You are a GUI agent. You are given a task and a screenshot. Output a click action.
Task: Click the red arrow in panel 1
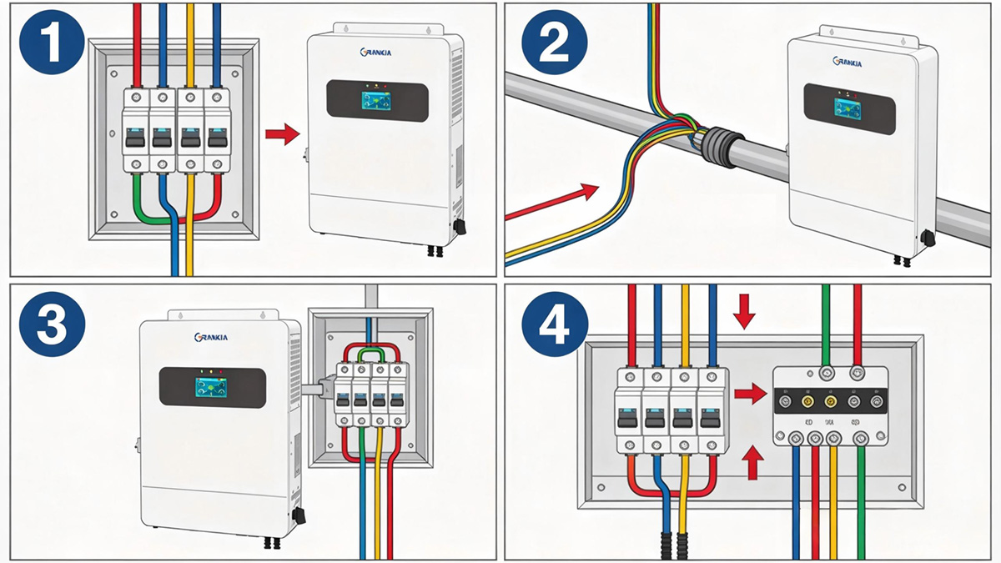click(281, 133)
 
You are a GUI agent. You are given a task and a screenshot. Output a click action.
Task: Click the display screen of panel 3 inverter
click(212, 386)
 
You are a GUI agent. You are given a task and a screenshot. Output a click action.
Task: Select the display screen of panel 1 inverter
click(376, 101)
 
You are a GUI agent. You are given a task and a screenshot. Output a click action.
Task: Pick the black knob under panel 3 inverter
click(298, 515)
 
